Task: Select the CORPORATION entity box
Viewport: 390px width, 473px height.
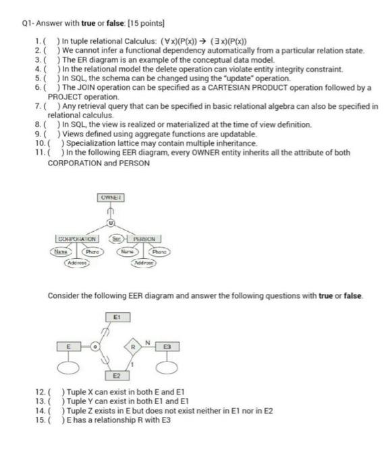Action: pyautogui.click(x=78, y=239)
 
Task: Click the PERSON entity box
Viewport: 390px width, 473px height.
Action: pyautogui.click(x=145, y=239)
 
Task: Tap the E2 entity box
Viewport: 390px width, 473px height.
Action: pyautogui.click(x=115, y=374)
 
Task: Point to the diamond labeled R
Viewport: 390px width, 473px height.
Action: pyautogui.click(x=134, y=347)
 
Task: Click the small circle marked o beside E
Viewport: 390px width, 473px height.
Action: pyautogui.click(x=96, y=347)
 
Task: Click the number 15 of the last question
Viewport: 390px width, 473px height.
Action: pyautogui.click(x=39, y=420)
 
